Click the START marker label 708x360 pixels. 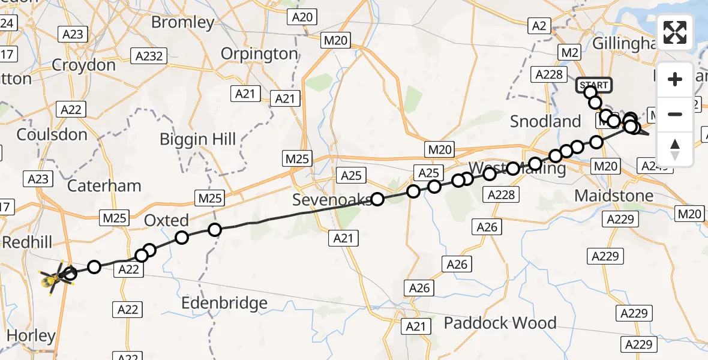[593, 85]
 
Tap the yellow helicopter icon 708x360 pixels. [53, 278]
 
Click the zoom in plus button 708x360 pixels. [675, 80]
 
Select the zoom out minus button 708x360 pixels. [675, 114]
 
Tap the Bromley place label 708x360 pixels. [182, 23]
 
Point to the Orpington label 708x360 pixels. [259, 53]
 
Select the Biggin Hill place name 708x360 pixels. [198, 139]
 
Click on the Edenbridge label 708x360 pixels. [225, 303]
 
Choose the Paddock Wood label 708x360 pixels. [500, 323]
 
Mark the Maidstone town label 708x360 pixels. [613, 196]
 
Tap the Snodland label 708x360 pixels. [545, 121]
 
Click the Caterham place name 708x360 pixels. [104, 185]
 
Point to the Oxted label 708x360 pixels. [166, 220]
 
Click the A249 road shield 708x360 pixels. [652, 166]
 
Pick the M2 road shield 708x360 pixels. [570, 52]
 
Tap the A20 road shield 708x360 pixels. [302, 17]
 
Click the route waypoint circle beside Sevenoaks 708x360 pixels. [377, 199]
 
